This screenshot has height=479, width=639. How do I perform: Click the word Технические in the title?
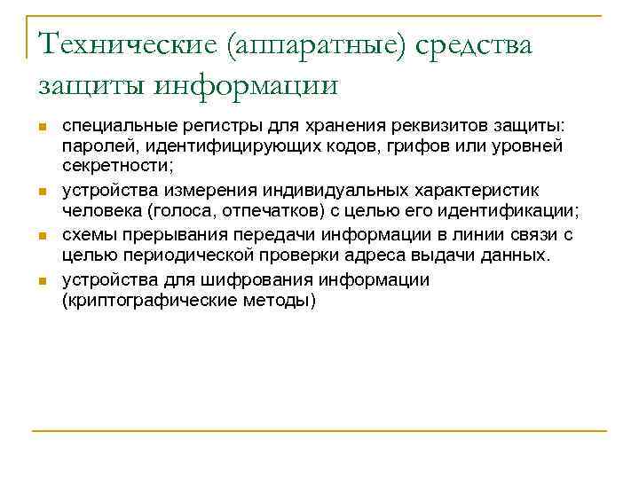127,44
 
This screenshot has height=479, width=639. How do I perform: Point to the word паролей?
93,145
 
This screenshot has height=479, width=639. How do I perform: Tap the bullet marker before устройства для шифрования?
42,281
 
